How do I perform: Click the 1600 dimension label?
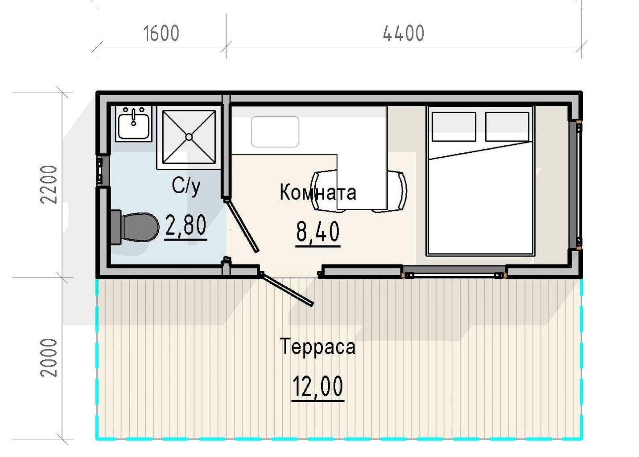pos(161,33)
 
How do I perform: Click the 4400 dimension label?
pos(404,33)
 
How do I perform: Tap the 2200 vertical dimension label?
pos(49,184)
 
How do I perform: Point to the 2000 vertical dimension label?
pos(49,358)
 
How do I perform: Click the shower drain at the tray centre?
pos(189,137)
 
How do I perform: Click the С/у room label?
pos(186,186)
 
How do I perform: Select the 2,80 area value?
pos(186,225)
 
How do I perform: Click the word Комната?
pos(318,192)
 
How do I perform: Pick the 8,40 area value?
pos(318,232)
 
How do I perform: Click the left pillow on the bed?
pos(454,126)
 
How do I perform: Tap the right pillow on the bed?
pos(507,126)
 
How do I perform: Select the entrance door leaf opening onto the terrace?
pos(287,289)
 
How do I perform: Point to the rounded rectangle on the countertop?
pos(275,132)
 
